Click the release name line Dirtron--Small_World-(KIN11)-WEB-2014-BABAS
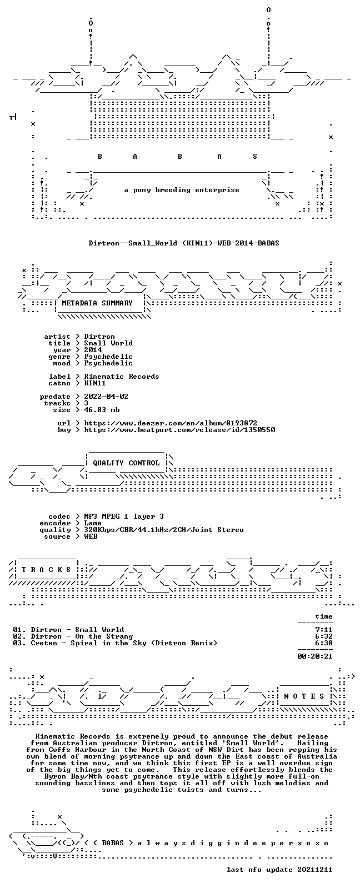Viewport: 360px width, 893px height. point(184,243)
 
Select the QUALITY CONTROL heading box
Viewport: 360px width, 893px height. point(126,463)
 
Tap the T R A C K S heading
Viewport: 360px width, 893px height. point(46,570)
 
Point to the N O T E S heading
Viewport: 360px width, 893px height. point(304,696)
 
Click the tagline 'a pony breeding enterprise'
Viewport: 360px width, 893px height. point(182,190)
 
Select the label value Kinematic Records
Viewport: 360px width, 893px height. point(122,377)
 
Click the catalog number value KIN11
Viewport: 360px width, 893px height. point(95,383)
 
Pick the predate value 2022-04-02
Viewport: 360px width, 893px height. point(106,397)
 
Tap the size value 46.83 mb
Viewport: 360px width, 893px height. point(102,410)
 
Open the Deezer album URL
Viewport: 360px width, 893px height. point(171,423)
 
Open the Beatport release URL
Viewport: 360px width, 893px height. point(179,430)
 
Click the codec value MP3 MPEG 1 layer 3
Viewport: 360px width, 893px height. point(124,516)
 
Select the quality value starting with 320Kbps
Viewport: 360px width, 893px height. point(164,530)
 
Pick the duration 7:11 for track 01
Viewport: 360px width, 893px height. point(324,630)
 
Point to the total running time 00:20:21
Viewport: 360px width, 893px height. point(315,656)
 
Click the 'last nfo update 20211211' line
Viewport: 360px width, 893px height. point(279,870)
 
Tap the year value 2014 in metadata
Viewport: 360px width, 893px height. point(93,350)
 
